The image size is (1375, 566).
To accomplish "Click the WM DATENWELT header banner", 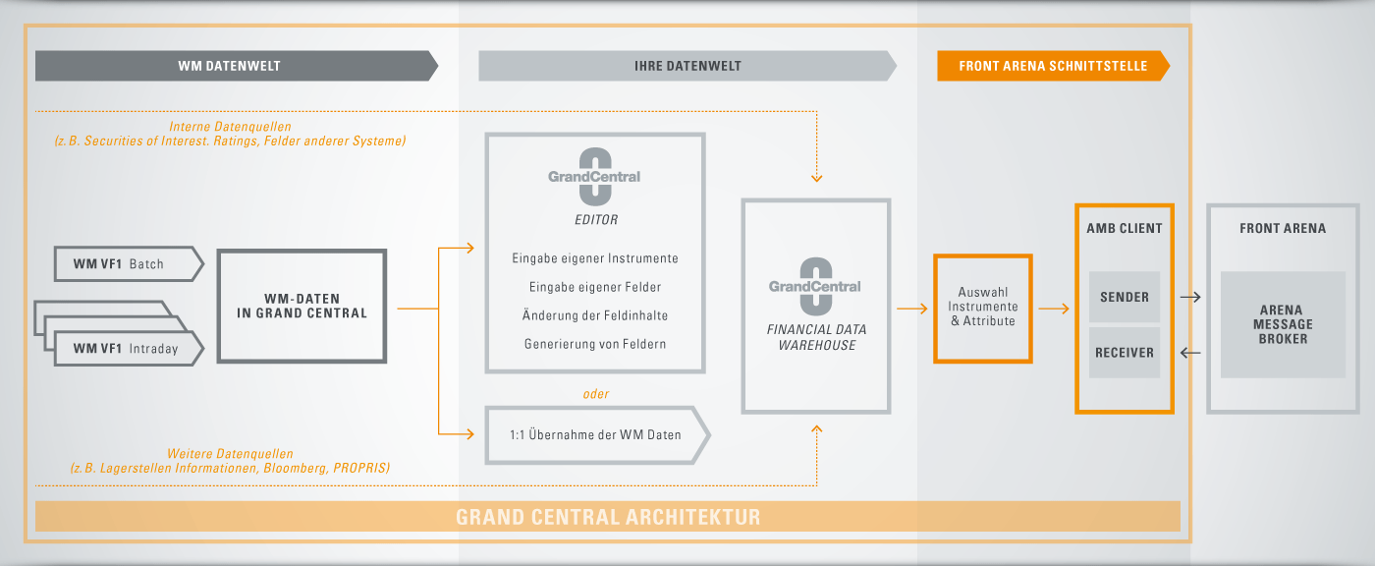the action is [x=237, y=66].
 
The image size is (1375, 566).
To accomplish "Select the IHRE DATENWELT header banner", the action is [x=687, y=66].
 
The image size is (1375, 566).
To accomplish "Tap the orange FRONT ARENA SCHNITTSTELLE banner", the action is [x=1053, y=66].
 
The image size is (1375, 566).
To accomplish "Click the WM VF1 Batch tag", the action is [x=129, y=264].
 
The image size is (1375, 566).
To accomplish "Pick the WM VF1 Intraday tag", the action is [x=129, y=349].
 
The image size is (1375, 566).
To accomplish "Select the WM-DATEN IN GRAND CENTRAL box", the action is [x=302, y=306].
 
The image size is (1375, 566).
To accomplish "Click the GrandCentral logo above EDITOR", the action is [x=594, y=177].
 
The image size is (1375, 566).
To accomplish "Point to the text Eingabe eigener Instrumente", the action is [x=595, y=258].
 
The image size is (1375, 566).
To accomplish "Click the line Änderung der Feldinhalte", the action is [x=595, y=315].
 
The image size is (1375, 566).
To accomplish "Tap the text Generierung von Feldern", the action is [x=595, y=344].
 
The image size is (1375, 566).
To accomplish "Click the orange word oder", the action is [x=596, y=394].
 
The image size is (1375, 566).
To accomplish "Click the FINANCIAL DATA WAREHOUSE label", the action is [x=816, y=337].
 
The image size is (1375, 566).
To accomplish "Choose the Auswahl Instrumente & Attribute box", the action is [x=983, y=309].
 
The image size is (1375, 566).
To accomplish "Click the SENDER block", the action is [x=1125, y=297].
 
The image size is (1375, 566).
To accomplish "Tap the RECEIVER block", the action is [x=1125, y=353].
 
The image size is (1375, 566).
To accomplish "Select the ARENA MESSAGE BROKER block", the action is [x=1283, y=324].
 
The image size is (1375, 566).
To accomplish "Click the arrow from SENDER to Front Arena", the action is [x=1190, y=297].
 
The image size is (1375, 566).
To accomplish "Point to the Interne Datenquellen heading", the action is [x=230, y=127].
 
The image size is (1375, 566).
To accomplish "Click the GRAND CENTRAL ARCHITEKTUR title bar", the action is [x=608, y=516].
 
